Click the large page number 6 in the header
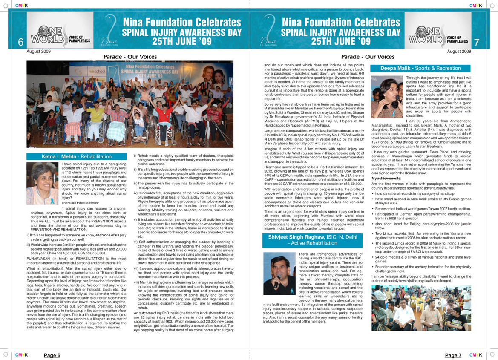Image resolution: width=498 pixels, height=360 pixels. click(20, 42)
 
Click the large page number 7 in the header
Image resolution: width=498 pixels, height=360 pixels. click(477, 42)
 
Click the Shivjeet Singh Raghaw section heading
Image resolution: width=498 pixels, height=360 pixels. click(313, 240)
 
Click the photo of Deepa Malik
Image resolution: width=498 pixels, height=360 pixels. click(387, 97)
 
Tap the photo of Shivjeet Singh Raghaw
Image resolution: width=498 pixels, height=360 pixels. click(279, 274)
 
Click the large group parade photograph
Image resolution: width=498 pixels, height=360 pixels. click(130, 104)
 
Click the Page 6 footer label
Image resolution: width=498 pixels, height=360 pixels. click(52, 355)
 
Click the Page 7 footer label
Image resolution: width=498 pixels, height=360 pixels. click(453, 355)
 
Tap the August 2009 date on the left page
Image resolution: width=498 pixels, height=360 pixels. click(39, 52)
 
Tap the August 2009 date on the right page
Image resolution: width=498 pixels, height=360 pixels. click(459, 52)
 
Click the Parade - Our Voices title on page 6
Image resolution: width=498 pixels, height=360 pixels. click(130, 57)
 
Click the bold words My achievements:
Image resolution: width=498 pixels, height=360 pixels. click(386, 178)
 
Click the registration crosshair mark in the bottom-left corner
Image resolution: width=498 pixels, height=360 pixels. click(6, 354)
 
